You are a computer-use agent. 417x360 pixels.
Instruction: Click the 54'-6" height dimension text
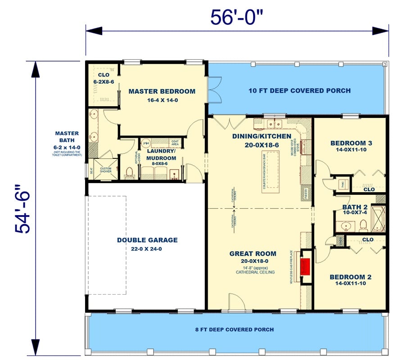click(x=23, y=208)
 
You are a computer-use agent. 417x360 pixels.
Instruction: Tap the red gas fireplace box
click(x=306, y=266)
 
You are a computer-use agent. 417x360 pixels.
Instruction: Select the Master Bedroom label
click(x=162, y=91)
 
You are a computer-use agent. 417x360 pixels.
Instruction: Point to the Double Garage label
click(x=147, y=240)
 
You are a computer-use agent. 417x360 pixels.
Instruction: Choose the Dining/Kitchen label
click(x=258, y=136)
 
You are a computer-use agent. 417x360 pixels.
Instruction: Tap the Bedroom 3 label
click(x=351, y=144)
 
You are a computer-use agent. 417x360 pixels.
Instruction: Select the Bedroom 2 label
click(x=350, y=277)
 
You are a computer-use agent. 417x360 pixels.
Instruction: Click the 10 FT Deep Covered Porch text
click(x=299, y=90)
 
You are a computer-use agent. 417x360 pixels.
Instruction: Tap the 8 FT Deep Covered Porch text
click(x=234, y=329)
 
